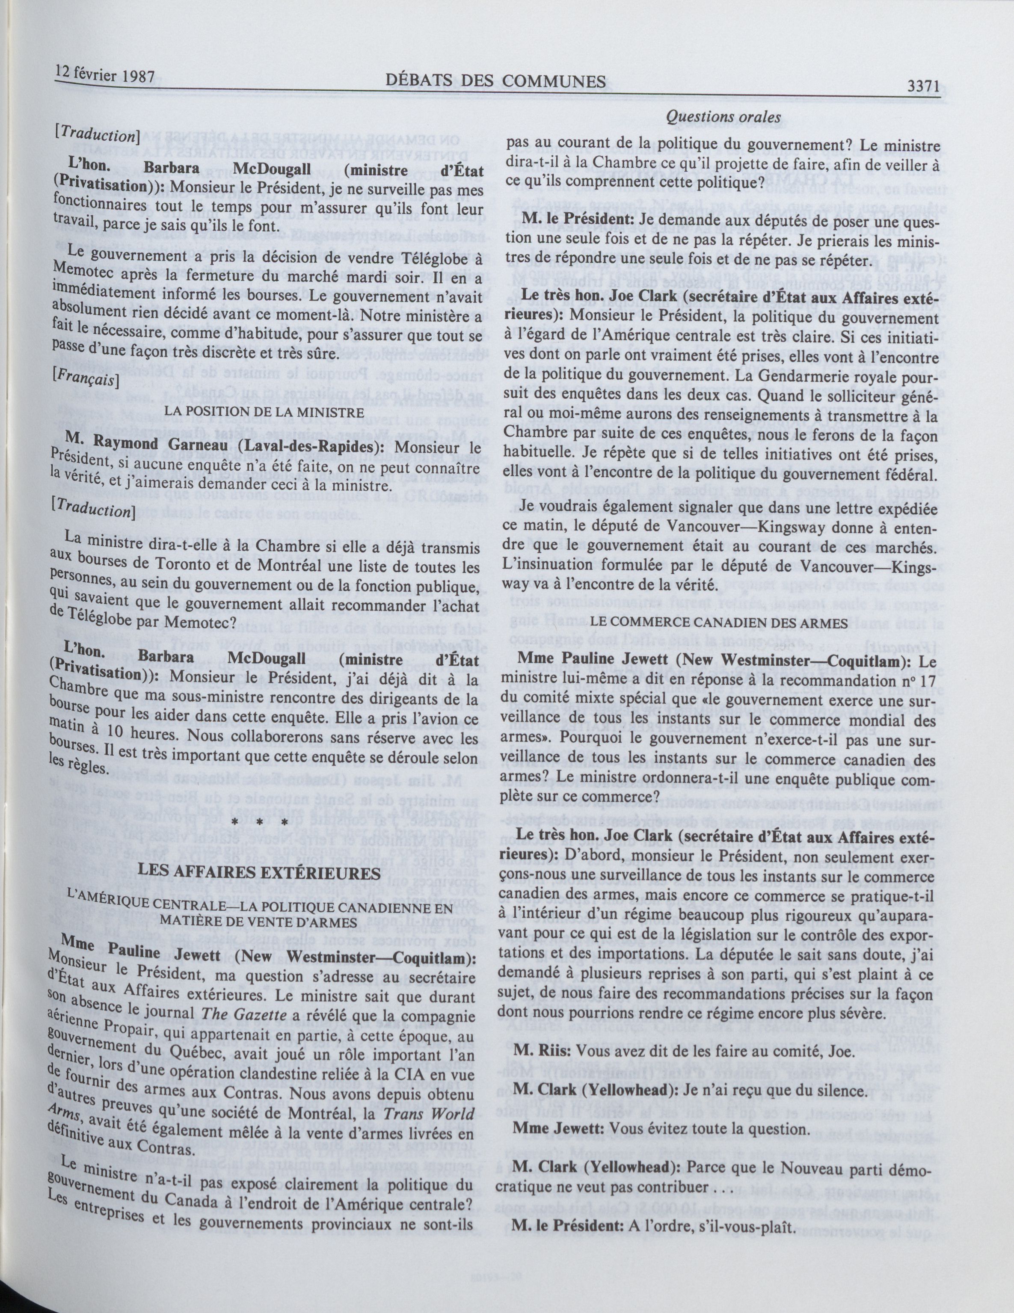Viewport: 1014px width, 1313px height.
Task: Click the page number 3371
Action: pos(922,87)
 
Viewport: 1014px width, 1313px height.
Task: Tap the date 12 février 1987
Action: pos(106,77)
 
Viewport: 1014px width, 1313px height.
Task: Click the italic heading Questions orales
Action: pos(723,118)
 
